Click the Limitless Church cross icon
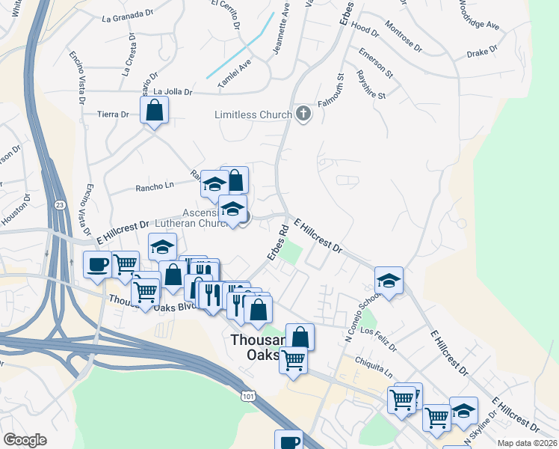(x=303, y=114)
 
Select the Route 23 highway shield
(x=59, y=204)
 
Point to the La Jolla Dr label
(x=173, y=92)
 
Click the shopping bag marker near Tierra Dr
(x=154, y=111)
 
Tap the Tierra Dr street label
(x=114, y=114)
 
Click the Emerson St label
(x=375, y=63)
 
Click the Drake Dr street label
(x=482, y=51)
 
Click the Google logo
(x=25, y=440)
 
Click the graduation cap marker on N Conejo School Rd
(x=389, y=281)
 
